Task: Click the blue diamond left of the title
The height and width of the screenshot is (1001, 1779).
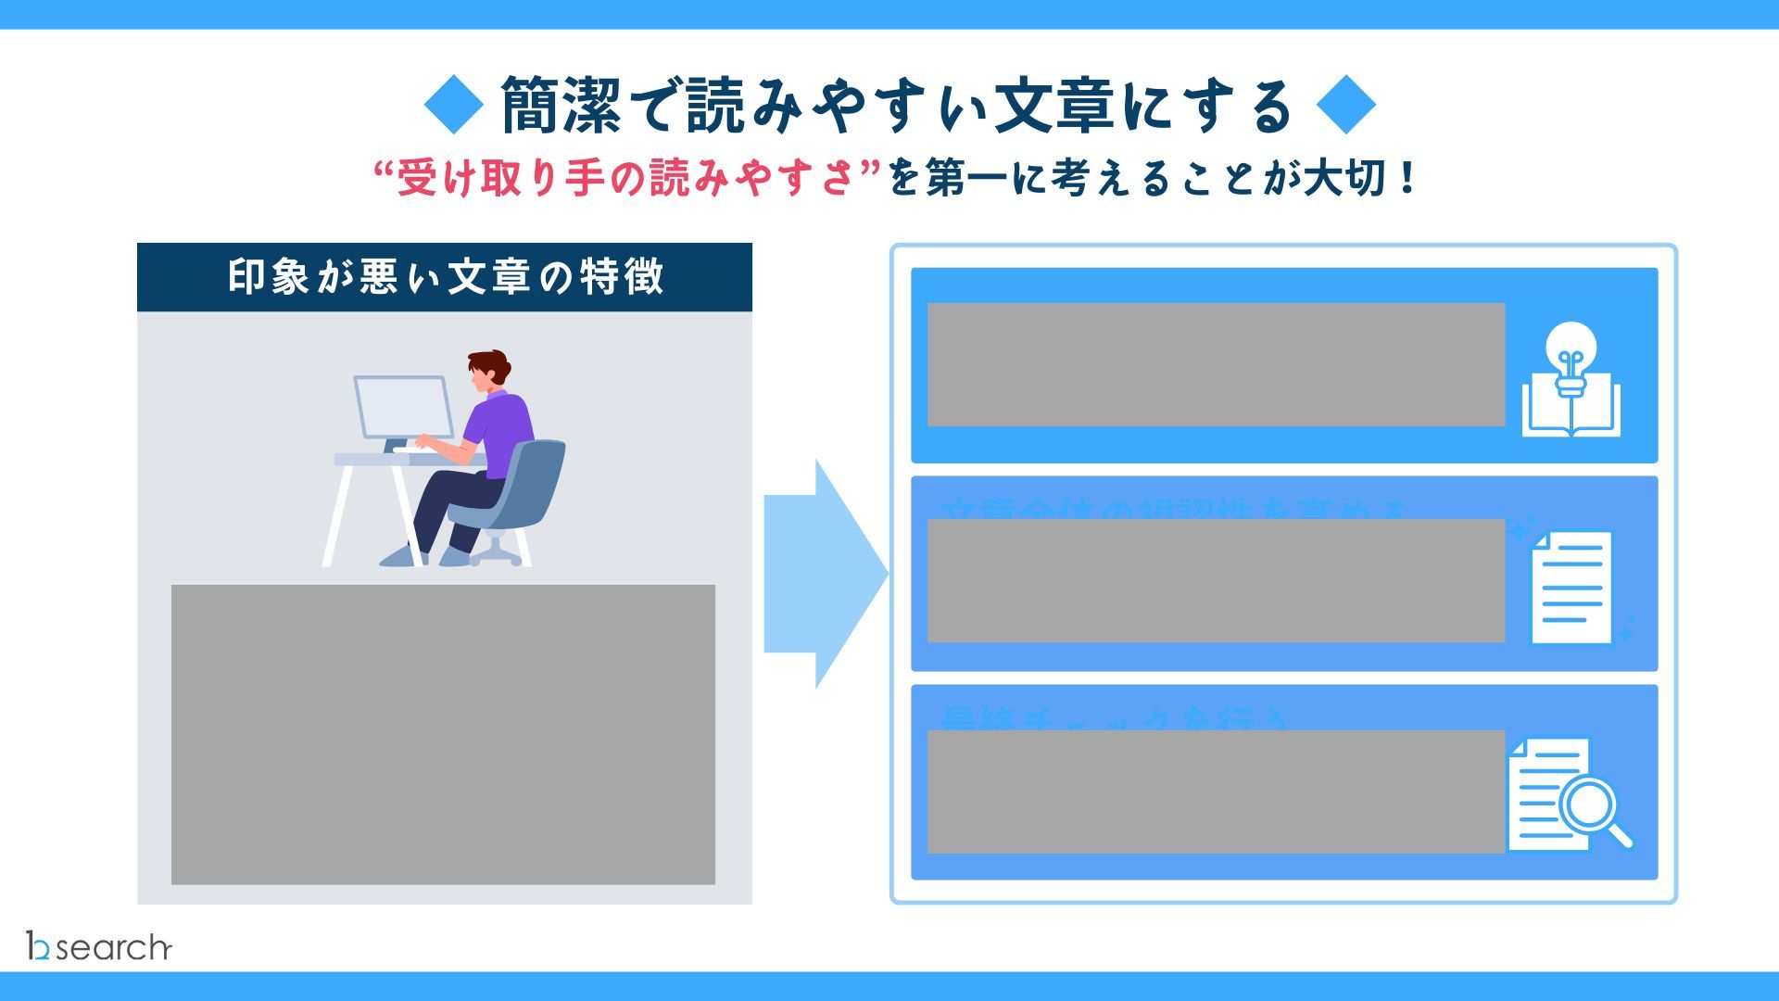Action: (x=454, y=106)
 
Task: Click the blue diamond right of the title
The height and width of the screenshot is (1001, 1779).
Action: (x=1345, y=106)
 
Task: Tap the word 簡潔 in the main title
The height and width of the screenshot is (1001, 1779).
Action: (x=560, y=106)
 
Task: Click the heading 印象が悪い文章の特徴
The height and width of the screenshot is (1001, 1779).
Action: (x=445, y=277)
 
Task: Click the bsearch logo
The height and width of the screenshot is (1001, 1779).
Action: (x=99, y=946)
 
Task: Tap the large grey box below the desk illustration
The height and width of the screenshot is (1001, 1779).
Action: (x=443, y=734)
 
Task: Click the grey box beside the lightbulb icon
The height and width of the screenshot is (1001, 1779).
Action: (x=1216, y=364)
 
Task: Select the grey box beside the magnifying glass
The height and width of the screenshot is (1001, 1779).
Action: (x=1216, y=792)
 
